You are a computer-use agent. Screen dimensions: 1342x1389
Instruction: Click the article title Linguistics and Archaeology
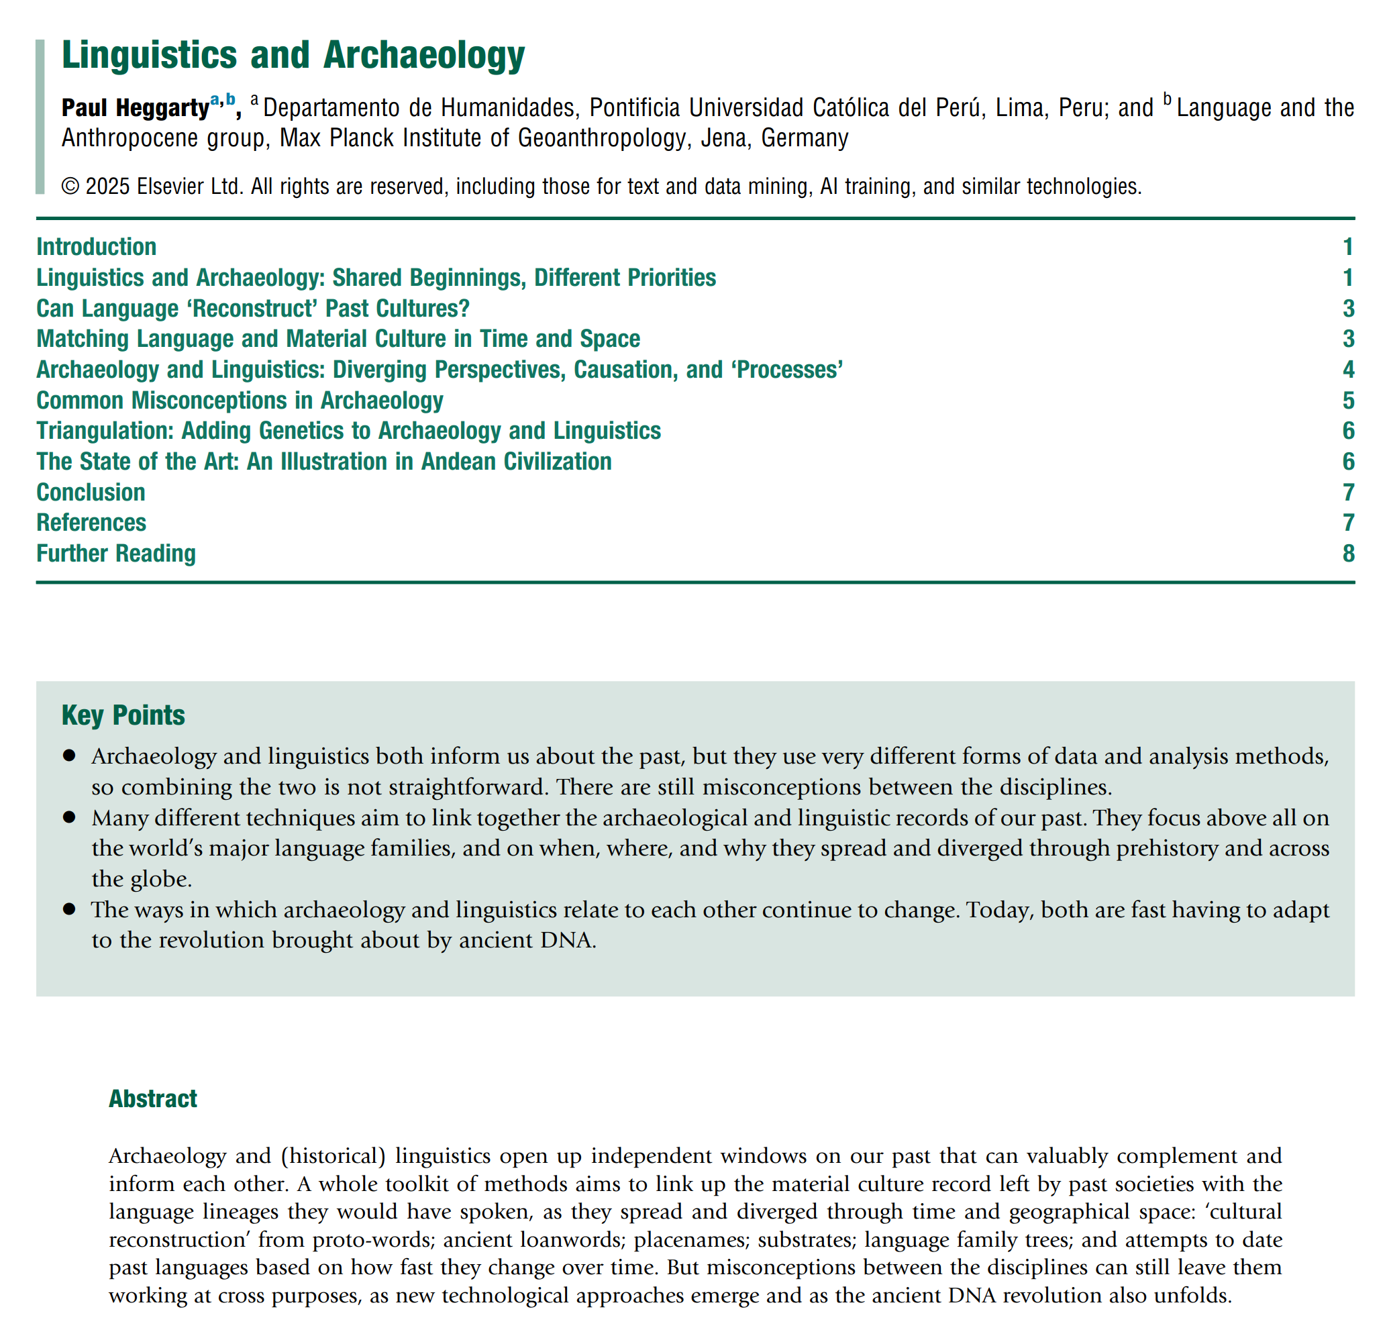coord(293,55)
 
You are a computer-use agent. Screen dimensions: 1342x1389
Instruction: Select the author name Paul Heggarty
coord(136,108)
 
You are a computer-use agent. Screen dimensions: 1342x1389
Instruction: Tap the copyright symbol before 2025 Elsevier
coord(70,187)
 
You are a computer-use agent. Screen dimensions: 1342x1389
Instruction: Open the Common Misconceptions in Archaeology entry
coord(240,401)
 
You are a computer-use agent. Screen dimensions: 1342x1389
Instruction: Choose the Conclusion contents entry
coord(91,492)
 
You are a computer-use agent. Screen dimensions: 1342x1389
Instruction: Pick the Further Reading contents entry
coord(115,553)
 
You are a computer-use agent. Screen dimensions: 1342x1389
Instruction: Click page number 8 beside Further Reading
coord(1348,553)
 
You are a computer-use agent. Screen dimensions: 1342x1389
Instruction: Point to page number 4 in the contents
coord(1348,369)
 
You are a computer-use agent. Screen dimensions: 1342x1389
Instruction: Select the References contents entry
coord(91,522)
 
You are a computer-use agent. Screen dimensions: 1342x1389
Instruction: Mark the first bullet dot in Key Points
coord(68,756)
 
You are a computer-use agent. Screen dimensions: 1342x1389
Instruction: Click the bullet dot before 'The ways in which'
coord(68,909)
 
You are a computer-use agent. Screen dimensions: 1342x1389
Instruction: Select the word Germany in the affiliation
coord(805,138)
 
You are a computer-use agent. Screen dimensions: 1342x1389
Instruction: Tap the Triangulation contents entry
coord(348,430)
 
